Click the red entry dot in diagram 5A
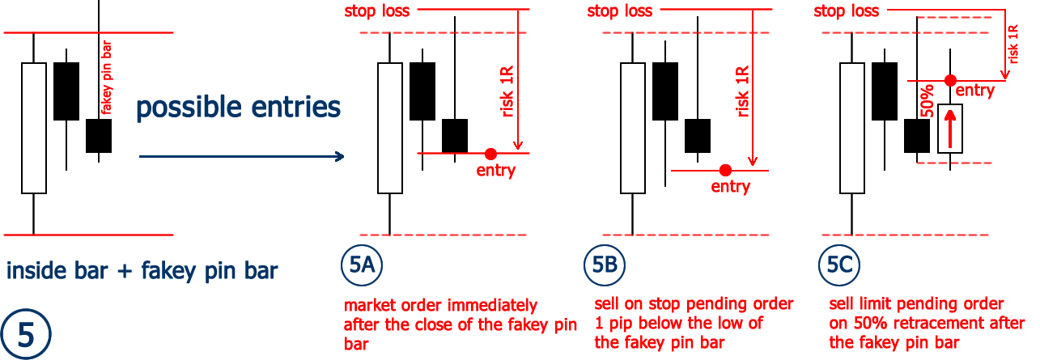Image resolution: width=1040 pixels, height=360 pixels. [x=490, y=153]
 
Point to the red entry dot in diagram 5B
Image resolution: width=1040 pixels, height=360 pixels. [x=725, y=170]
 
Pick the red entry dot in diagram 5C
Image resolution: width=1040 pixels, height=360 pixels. [x=950, y=80]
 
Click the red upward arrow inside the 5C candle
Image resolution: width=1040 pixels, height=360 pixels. [x=950, y=128]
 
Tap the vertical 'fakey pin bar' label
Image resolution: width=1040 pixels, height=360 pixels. [x=106, y=79]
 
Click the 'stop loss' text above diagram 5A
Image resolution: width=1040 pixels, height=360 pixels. [x=376, y=11]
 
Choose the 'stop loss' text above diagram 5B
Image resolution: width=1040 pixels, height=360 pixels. [x=619, y=11]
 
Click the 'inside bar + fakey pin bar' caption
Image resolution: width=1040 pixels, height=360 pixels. [x=142, y=270]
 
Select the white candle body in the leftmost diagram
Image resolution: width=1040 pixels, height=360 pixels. [x=34, y=128]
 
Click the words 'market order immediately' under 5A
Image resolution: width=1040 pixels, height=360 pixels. [x=440, y=306]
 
